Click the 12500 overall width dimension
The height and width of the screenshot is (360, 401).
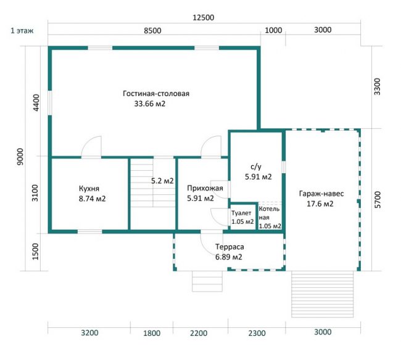(204, 18)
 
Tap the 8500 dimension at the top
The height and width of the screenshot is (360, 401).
(152, 31)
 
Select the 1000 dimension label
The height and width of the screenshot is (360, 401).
(273, 30)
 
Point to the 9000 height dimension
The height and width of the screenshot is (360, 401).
(20, 157)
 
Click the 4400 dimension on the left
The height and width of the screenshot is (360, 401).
(36, 103)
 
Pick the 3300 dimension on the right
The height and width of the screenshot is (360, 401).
(377, 87)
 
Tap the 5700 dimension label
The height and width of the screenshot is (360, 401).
(377, 200)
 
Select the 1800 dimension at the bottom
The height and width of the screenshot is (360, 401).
(152, 333)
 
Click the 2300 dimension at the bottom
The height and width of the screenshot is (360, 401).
(257, 333)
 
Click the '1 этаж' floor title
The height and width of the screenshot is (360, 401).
(22, 31)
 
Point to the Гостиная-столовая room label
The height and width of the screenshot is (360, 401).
(156, 94)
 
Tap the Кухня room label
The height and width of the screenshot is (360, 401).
(89, 189)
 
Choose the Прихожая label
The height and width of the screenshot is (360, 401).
(205, 188)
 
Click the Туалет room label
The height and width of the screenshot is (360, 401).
(241, 213)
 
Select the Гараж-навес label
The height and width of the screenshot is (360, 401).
(321, 194)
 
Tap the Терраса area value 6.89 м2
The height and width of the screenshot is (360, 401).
(229, 257)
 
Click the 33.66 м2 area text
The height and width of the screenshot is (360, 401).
(150, 104)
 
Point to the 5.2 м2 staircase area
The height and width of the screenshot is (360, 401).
(162, 181)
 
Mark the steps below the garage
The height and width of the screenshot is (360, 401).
(322, 294)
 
